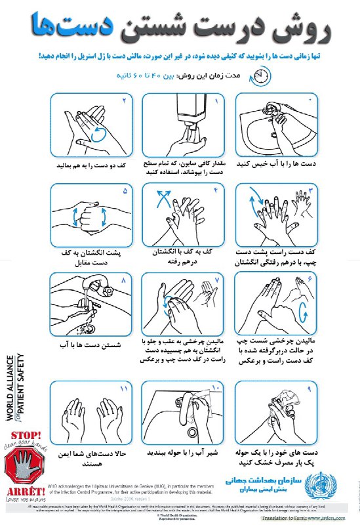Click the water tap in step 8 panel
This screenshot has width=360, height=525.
(x=94, y=289)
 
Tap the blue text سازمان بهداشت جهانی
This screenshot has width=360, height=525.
(x=260, y=480)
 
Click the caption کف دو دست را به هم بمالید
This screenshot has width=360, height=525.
(x=92, y=162)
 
